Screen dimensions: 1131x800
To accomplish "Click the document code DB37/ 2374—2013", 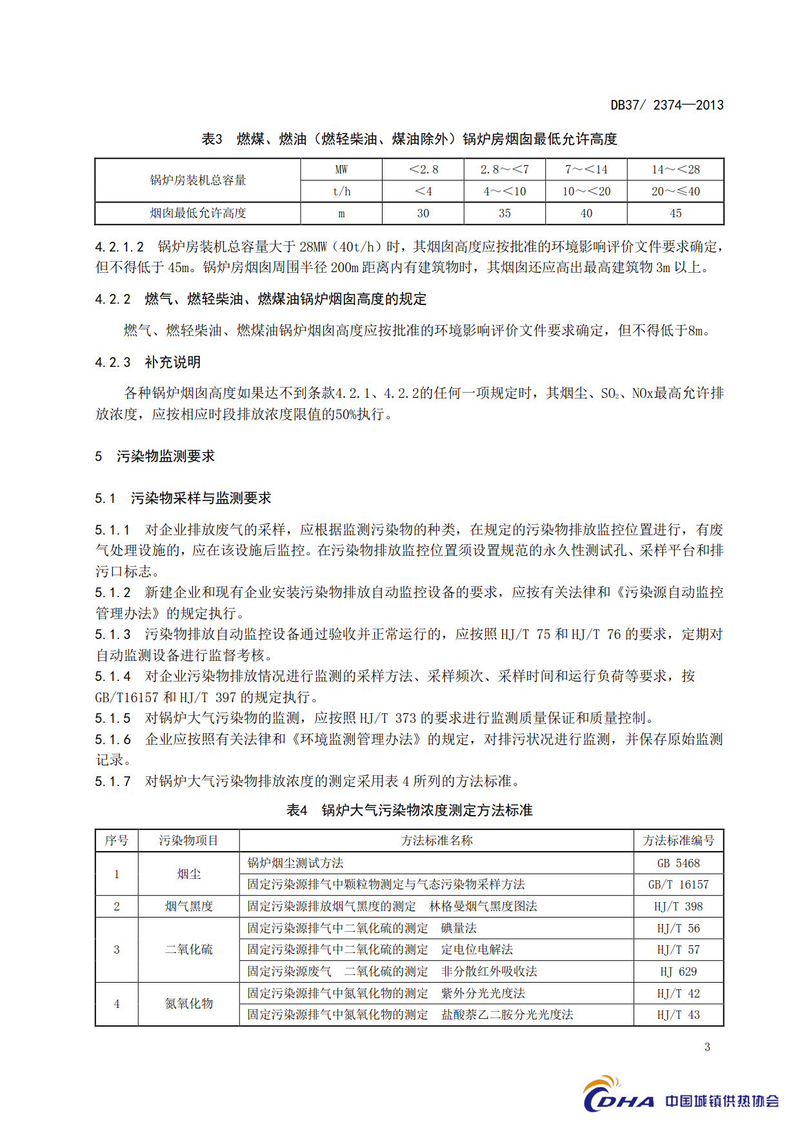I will [666, 105].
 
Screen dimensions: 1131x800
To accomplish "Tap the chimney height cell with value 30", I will [423, 213].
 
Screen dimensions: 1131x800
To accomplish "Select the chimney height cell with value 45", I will [675, 213].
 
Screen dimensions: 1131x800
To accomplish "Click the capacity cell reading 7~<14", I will [586, 170].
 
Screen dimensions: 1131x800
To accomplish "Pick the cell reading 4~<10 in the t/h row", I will [505, 192].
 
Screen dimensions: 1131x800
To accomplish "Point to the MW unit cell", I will [341, 170].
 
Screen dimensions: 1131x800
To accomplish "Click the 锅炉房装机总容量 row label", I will [198, 181].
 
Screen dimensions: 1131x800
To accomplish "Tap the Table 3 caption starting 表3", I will [409, 139].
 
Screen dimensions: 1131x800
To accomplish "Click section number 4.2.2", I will [113, 299].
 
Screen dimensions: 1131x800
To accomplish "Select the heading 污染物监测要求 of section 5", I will [166, 457].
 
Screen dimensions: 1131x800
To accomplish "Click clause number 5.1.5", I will [113, 718].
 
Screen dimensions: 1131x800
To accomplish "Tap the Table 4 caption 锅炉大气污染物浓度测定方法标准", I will [409, 811].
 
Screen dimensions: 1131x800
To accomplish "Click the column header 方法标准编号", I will [678, 841].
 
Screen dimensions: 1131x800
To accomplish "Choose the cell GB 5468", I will [678, 863].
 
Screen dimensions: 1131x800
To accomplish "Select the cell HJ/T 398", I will [678, 907].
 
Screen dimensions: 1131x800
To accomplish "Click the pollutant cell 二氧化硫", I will [188, 950].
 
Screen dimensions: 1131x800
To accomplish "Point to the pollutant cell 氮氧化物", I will [188, 1004].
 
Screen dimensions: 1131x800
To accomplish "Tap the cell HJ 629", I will [678, 972].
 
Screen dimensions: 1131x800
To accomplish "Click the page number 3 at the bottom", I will [707, 1047].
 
